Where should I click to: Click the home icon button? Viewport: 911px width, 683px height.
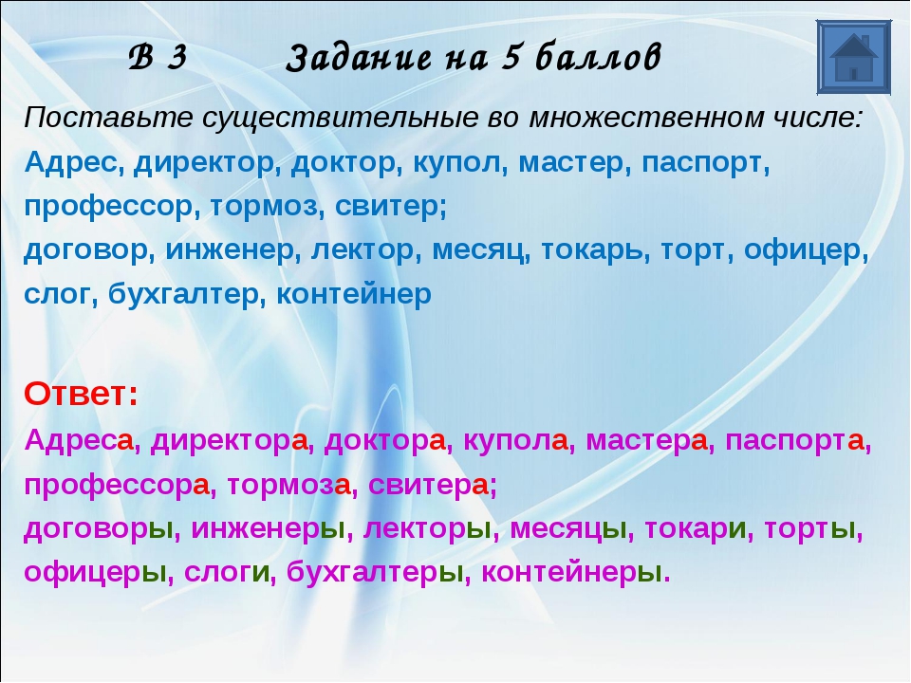click(853, 57)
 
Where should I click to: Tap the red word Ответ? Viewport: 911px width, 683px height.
click(81, 394)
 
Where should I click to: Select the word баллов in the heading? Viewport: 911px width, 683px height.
click(599, 57)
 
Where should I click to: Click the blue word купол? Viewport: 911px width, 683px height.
click(456, 163)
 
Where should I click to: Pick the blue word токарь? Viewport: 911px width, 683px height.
click(595, 250)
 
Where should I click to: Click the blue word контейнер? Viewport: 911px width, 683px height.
click(354, 294)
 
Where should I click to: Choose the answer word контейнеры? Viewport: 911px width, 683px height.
click(571, 573)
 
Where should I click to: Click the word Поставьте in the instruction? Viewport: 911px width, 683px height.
click(108, 118)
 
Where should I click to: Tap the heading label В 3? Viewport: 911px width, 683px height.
click(158, 57)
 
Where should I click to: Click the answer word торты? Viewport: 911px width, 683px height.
click(809, 529)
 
